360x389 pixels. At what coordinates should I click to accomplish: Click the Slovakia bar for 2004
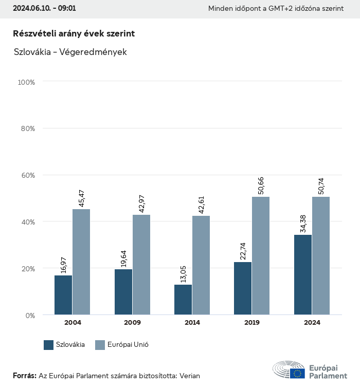click(x=63, y=295)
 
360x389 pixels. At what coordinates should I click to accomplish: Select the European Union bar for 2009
click(x=141, y=265)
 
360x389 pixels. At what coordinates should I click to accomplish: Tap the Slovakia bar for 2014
click(x=183, y=300)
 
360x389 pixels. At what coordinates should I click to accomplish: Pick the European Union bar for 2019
click(x=261, y=255)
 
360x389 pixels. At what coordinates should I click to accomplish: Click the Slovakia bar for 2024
click(x=303, y=274)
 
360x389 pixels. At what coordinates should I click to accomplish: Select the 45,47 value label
click(x=82, y=198)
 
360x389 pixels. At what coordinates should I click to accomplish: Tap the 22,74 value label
click(x=243, y=250)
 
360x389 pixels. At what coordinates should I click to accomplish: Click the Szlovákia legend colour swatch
click(x=49, y=345)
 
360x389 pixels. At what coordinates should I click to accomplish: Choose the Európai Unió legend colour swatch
click(x=100, y=345)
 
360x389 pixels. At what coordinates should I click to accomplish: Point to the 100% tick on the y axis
click(x=26, y=82)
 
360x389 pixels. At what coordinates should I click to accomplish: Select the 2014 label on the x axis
click(x=192, y=323)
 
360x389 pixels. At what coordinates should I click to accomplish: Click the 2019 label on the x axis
click(x=252, y=323)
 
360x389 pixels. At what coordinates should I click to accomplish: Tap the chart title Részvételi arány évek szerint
click(x=74, y=33)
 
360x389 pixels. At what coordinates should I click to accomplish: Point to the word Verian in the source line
click(x=189, y=376)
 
